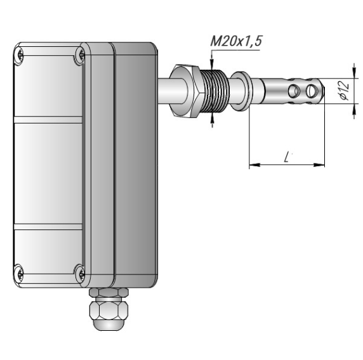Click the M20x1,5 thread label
[236, 41]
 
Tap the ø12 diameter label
[345, 91]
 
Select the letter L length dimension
[287, 157]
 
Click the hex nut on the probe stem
[185, 91]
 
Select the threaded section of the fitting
[214, 91]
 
